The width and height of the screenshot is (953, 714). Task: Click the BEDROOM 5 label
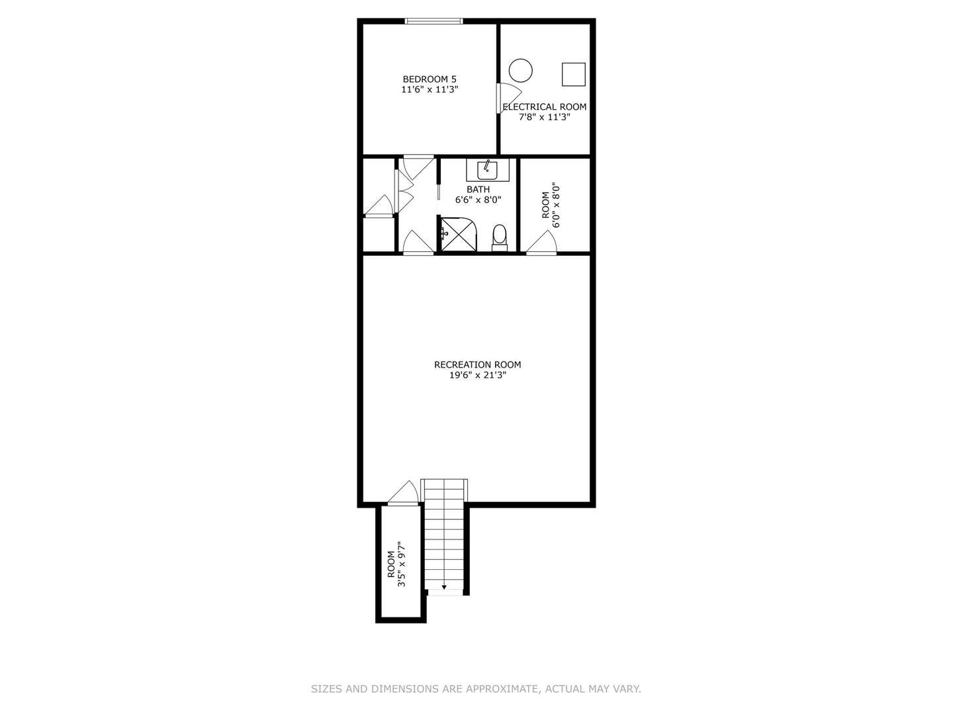click(430, 79)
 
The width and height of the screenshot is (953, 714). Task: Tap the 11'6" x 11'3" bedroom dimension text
click(430, 89)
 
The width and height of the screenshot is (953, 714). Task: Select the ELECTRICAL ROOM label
click(545, 106)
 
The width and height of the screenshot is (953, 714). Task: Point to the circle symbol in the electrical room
click(521, 70)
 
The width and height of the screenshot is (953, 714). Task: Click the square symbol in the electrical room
click(574, 74)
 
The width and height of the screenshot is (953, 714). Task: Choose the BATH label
click(478, 190)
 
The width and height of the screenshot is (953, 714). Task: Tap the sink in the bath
click(488, 170)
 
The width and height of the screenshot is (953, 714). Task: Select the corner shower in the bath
click(459, 235)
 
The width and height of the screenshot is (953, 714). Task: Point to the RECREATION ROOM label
click(477, 364)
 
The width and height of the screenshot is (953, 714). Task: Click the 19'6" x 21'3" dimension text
click(477, 375)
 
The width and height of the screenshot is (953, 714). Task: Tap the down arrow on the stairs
click(444, 586)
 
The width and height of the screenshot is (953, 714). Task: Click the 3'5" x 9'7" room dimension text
click(400, 565)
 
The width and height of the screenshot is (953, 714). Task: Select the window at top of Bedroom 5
click(434, 22)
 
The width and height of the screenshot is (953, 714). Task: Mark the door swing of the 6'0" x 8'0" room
click(541, 244)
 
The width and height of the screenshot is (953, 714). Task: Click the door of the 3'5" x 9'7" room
click(403, 494)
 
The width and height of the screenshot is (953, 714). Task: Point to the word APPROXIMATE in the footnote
click(502, 689)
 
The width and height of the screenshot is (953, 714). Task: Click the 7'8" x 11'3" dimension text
click(544, 117)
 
